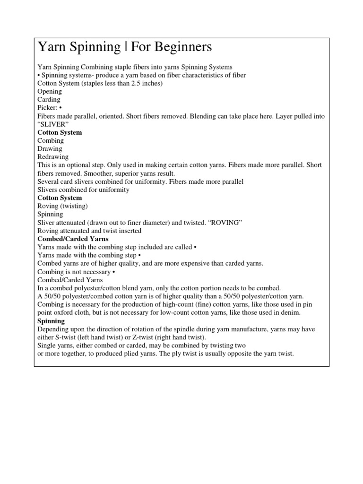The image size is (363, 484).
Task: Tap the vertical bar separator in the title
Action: point(126,48)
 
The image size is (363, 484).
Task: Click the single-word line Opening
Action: point(50,92)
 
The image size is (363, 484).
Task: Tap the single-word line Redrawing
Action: point(53,157)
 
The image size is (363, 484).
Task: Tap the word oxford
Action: point(69,312)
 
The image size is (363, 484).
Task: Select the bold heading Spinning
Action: point(51,321)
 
